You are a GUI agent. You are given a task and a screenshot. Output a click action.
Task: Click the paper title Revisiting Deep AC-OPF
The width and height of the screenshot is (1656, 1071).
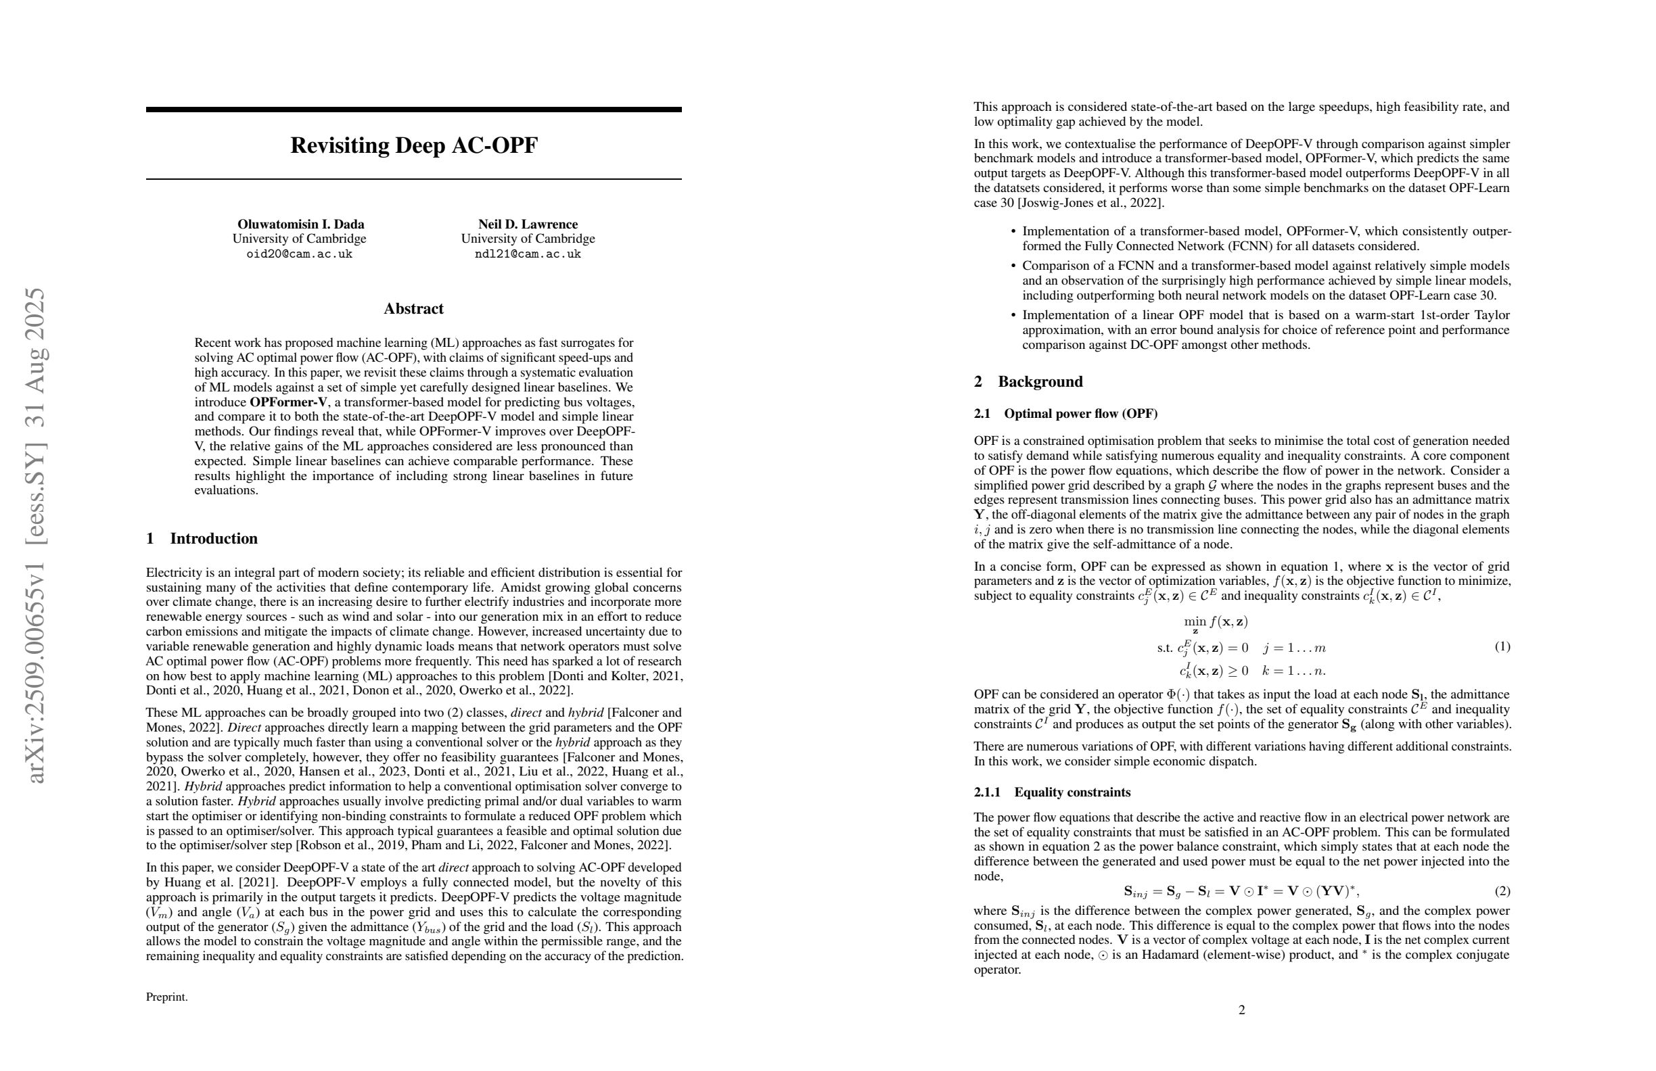(413, 145)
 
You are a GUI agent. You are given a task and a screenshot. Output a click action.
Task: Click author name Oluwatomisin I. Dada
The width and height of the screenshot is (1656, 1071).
(300, 224)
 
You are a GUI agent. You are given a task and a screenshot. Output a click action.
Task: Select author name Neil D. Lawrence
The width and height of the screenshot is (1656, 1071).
(528, 224)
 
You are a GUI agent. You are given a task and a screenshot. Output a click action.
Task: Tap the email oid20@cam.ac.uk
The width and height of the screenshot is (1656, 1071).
(299, 254)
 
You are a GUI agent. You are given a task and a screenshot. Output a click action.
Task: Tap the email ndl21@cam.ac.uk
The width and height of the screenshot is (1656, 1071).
(528, 254)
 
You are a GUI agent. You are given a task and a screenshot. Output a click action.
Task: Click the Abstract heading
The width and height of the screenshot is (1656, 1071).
(413, 309)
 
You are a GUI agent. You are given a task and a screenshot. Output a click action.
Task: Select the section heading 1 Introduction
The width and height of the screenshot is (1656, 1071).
(202, 538)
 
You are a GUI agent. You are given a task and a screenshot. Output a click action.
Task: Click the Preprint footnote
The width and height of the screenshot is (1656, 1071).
(166, 997)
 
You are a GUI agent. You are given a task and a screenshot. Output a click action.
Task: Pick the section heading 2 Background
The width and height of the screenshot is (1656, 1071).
(1028, 381)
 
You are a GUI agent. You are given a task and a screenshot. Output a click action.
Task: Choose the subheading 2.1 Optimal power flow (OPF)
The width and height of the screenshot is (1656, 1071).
(1065, 414)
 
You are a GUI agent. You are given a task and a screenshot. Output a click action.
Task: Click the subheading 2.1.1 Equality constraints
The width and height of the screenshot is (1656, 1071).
(1052, 792)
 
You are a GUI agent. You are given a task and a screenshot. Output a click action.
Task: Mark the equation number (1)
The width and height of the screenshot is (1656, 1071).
(1502, 647)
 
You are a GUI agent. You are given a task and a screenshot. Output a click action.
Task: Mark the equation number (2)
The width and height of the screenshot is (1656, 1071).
(1502, 891)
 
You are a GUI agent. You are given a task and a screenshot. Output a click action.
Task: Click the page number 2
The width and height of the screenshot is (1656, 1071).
(1241, 1009)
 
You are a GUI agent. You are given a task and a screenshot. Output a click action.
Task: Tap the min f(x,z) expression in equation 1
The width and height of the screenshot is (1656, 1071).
(1216, 622)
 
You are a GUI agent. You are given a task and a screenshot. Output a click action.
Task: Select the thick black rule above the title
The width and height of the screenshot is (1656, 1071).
(413, 109)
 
